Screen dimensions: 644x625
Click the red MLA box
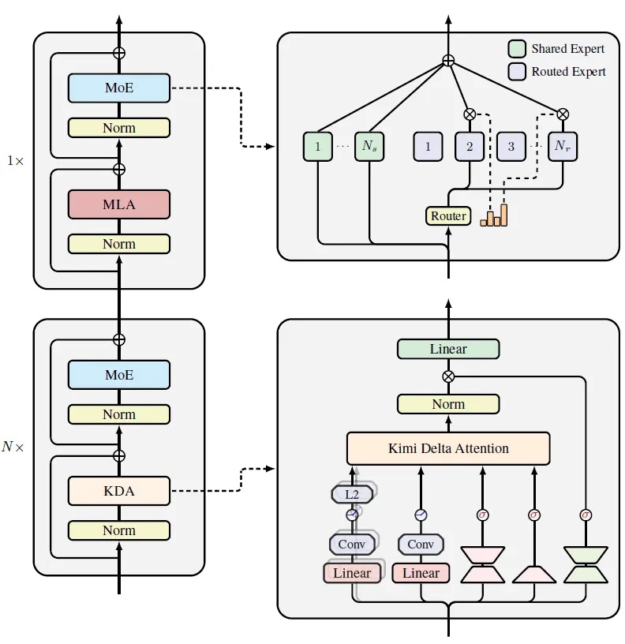[x=119, y=204]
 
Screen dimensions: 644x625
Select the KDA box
[x=119, y=491]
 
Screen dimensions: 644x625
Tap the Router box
[x=448, y=215]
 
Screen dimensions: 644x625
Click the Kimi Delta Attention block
[x=448, y=448]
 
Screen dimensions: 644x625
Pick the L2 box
[x=352, y=495]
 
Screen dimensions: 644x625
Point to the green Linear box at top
[x=448, y=349]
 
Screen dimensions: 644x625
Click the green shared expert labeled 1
[x=317, y=146]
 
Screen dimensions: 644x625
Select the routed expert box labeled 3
[x=511, y=146]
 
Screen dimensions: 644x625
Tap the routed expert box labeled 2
[x=469, y=146]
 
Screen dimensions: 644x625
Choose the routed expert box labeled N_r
[x=563, y=146]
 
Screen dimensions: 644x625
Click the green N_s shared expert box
[x=369, y=146]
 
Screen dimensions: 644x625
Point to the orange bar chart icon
[x=494, y=215]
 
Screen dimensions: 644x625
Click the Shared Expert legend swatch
[x=515, y=49]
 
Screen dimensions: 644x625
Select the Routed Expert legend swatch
[x=515, y=71]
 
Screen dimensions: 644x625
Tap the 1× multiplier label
[x=15, y=160]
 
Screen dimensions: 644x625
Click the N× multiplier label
[x=13, y=447]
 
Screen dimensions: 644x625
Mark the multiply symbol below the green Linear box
[x=448, y=376]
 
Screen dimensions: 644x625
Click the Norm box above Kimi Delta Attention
[x=448, y=404]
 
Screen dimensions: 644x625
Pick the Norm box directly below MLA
[x=119, y=244]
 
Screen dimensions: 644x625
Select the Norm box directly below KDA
[x=119, y=530]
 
